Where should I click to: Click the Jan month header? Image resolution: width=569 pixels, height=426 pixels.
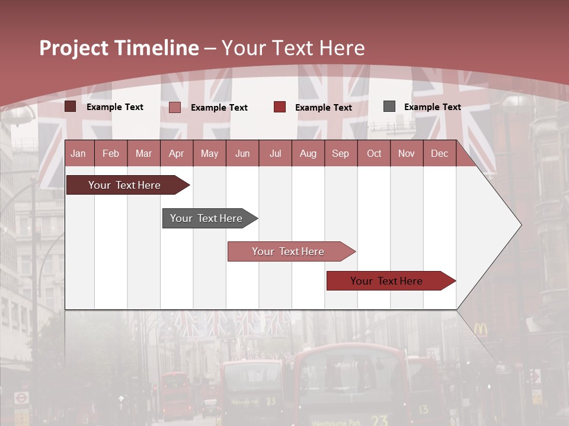[x=78, y=153]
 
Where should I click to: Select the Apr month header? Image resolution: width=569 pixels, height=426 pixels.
[x=176, y=153]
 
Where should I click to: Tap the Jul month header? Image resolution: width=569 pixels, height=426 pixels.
[x=275, y=153]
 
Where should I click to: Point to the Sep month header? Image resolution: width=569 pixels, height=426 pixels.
[x=340, y=153]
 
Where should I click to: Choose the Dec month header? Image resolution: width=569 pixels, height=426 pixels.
[x=439, y=153]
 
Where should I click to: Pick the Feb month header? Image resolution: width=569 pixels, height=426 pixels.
[x=111, y=153]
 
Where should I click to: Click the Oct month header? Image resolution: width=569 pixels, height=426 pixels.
[x=374, y=153]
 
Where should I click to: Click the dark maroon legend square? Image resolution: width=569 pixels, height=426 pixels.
[x=70, y=106]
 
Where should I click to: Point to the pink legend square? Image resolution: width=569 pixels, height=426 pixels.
[x=175, y=107]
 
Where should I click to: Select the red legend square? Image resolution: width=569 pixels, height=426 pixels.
[x=280, y=107]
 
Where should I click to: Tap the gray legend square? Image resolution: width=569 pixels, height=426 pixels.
[x=389, y=106]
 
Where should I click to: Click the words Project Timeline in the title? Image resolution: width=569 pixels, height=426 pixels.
[x=119, y=48]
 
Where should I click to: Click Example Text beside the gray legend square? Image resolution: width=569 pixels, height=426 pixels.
[x=432, y=107]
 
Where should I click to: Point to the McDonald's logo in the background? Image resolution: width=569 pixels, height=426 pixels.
[x=480, y=330]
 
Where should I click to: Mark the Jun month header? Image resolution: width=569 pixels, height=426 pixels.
[x=242, y=153]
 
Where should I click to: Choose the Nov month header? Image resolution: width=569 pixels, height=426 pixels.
[x=407, y=153]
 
